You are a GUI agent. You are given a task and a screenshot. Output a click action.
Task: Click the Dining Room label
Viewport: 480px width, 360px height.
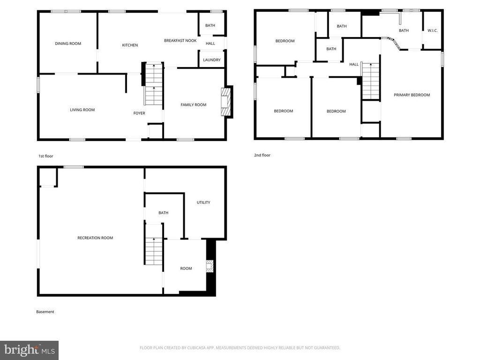click(x=68, y=44)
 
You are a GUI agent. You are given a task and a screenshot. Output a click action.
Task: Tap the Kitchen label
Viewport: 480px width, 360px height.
click(x=130, y=45)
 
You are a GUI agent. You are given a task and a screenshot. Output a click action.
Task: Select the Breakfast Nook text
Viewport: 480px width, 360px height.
click(x=180, y=41)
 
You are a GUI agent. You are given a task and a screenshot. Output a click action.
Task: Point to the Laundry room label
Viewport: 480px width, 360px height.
click(x=211, y=60)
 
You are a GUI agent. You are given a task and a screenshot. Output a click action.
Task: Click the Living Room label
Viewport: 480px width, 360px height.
click(x=82, y=110)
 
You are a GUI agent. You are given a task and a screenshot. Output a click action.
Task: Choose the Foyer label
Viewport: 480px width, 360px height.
click(x=139, y=113)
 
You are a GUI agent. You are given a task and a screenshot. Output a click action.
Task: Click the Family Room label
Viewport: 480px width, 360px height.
click(x=194, y=105)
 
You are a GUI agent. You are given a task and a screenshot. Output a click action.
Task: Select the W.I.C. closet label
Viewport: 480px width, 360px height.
click(x=432, y=31)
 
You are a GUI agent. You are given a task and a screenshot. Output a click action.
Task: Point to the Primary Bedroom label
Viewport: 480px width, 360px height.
click(x=412, y=95)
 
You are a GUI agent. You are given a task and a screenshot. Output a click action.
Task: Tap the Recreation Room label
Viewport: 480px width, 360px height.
click(x=95, y=238)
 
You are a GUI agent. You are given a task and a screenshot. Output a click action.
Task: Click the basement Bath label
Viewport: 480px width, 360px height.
click(x=163, y=213)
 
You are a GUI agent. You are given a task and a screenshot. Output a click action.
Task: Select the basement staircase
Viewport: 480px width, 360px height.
click(x=153, y=251)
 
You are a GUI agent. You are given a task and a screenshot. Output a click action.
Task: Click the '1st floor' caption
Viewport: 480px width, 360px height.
click(x=46, y=156)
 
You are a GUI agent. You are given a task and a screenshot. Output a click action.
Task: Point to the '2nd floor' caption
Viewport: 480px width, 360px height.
click(x=262, y=155)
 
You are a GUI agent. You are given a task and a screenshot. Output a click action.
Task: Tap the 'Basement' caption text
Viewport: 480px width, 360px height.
click(x=45, y=312)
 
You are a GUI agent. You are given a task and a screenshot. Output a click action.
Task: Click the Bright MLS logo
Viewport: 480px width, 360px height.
click(x=29, y=350)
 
